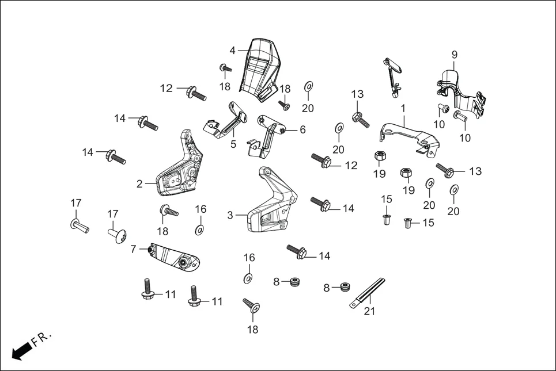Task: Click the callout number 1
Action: [x=403, y=108]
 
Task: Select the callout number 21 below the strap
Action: [x=369, y=311]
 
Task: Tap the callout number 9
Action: [x=454, y=55]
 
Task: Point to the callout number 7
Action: [x=133, y=250]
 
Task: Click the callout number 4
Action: [x=232, y=51]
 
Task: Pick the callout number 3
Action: [x=230, y=215]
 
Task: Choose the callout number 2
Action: [x=139, y=184]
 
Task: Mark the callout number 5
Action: [x=233, y=144]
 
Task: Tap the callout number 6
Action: [x=302, y=130]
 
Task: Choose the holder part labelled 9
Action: [x=458, y=92]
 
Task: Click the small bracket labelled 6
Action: [x=268, y=135]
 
